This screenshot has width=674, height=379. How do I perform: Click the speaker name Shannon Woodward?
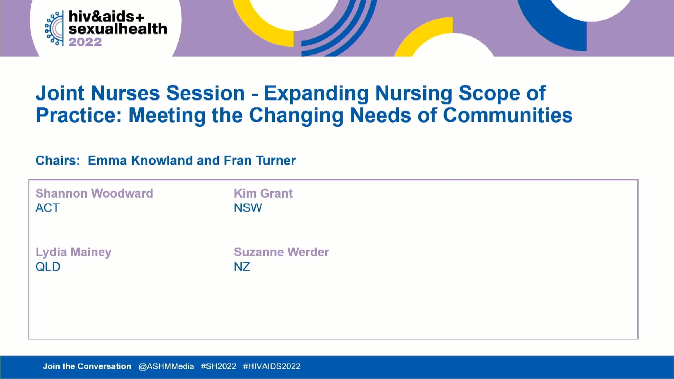point(94,193)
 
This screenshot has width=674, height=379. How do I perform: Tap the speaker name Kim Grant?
point(263,193)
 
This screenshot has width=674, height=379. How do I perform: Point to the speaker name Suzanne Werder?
point(281,252)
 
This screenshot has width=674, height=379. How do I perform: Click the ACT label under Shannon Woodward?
point(47,208)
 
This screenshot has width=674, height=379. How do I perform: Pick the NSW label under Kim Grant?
point(248,208)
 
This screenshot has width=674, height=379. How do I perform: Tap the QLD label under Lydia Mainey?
point(48,267)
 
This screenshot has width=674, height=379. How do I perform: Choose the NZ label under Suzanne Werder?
point(242,267)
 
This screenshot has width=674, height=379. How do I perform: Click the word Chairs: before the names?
point(58,161)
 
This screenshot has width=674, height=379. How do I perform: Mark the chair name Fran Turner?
point(260,161)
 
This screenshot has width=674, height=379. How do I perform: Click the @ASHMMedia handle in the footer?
point(166,366)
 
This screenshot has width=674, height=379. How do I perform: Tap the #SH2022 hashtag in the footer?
point(218,366)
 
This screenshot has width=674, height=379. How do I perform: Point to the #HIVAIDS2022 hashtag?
point(272,366)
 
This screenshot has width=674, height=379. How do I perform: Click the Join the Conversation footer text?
point(87,366)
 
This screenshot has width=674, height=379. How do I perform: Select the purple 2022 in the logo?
point(85,42)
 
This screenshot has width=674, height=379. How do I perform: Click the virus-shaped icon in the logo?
point(54,28)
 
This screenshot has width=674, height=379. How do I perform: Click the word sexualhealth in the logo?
point(118,29)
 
